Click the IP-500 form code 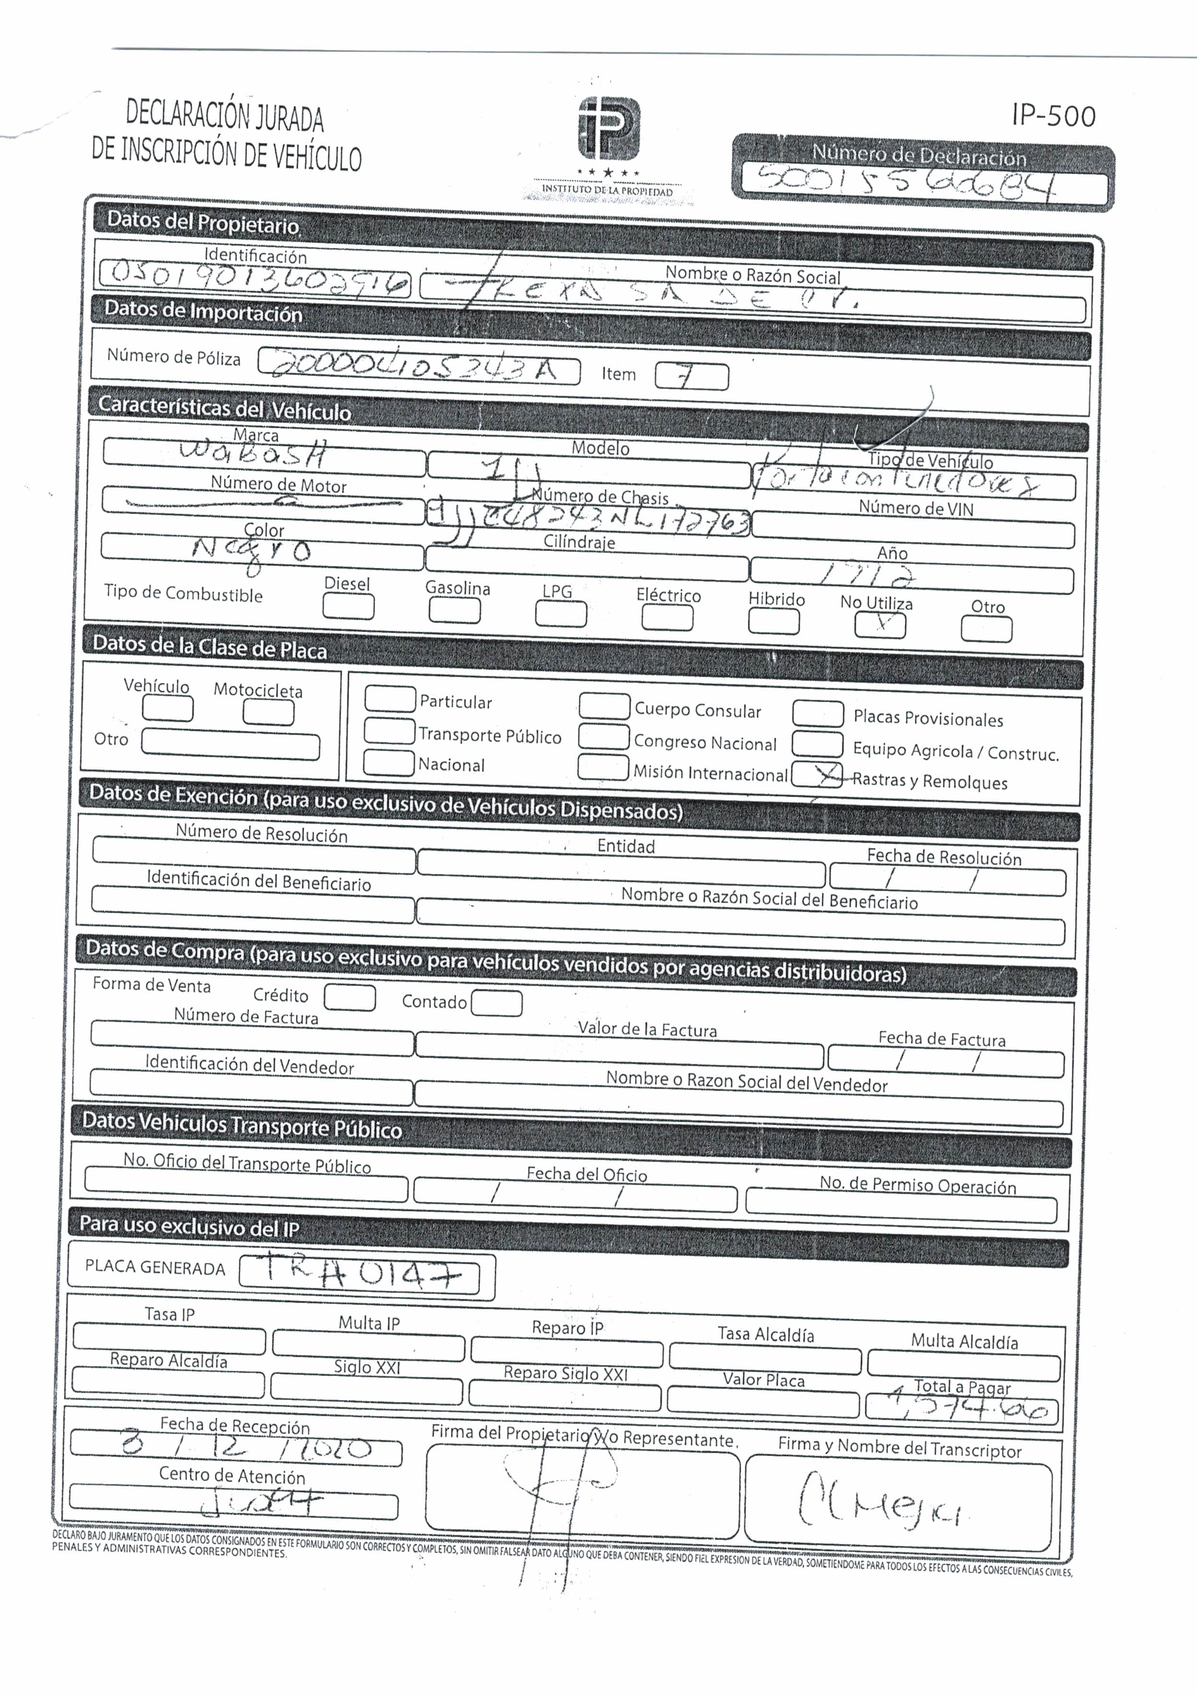(1053, 116)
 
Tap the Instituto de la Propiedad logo (609, 129)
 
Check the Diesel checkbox (348, 607)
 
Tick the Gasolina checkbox (455, 611)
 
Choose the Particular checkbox (390, 698)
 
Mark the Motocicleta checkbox (269, 712)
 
